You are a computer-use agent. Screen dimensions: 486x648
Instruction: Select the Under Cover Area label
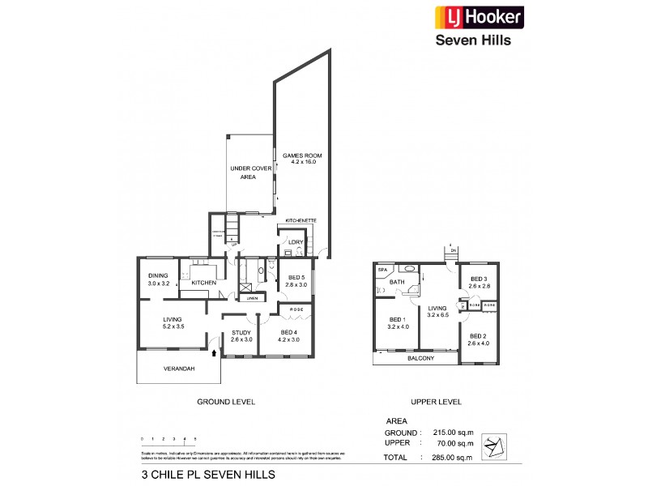[250, 172]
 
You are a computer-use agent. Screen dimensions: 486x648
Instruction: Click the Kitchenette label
[301, 220]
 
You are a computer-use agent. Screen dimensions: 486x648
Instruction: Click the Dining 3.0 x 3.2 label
[158, 280]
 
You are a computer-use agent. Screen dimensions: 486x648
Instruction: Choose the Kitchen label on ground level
[203, 282]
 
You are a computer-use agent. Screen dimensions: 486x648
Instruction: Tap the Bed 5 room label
[297, 280]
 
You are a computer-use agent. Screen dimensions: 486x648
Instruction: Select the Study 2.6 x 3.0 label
[241, 335]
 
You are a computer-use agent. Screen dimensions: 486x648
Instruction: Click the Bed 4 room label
[289, 335]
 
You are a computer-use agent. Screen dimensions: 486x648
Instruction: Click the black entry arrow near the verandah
[214, 352]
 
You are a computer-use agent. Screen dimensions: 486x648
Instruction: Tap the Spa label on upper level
[382, 269]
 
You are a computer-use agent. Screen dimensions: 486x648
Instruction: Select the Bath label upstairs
[397, 283]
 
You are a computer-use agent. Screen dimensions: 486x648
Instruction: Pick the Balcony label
[421, 358]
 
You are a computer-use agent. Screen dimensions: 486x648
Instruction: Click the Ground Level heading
[227, 402]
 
